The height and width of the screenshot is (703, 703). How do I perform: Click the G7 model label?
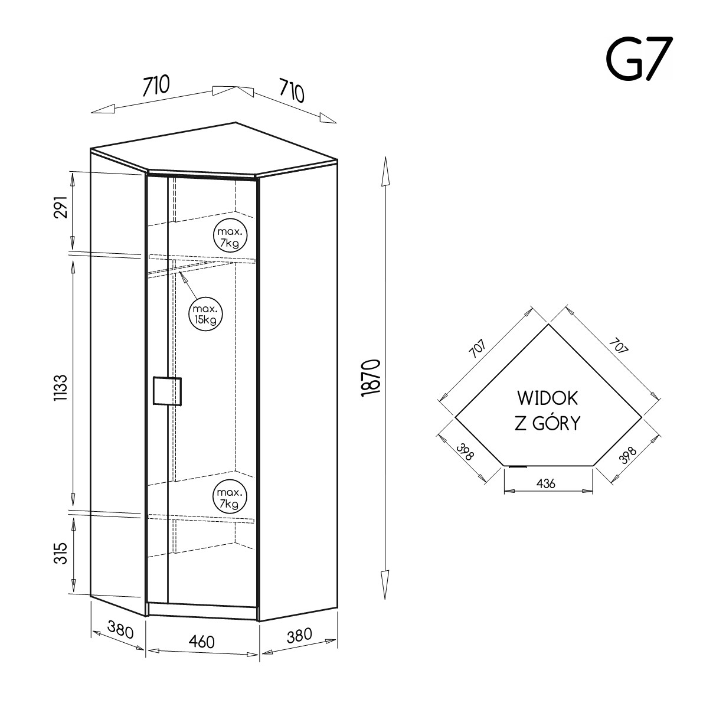[639, 58]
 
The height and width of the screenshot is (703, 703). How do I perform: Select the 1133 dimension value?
[60, 388]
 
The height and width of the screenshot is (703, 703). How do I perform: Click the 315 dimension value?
[60, 553]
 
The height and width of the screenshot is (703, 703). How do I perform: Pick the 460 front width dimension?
[202, 642]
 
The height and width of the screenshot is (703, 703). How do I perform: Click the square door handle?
[167, 391]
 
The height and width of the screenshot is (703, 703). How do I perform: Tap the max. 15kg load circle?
[205, 314]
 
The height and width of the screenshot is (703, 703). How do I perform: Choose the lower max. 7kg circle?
[230, 497]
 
